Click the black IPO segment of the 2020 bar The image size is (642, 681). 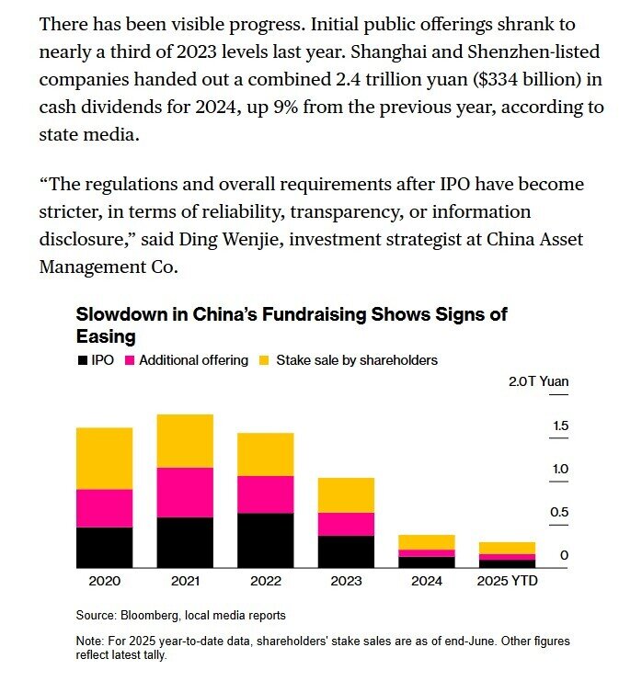(x=104, y=547)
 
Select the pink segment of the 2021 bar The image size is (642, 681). (x=185, y=493)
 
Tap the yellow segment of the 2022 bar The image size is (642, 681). (x=266, y=454)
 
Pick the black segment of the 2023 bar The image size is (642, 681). (x=346, y=551)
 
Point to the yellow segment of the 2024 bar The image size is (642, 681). (x=427, y=542)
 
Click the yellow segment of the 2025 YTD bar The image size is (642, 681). (x=508, y=548)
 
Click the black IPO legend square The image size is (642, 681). (x=83, y=360)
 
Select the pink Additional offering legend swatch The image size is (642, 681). (x=130, y=360)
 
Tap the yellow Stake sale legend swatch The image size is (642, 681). (x=264, y=360)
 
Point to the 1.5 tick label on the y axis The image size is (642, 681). (x=560, y=426)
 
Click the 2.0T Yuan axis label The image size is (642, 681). (x=539, y=381)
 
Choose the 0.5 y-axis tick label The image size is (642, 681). (x=559, y=512)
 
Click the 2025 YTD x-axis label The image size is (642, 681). (x=508, y=581)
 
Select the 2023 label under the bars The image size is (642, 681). (x=346, y=581)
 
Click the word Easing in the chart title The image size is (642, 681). (x=106, y=337)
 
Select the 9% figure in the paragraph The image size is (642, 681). (x=285, y=107)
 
